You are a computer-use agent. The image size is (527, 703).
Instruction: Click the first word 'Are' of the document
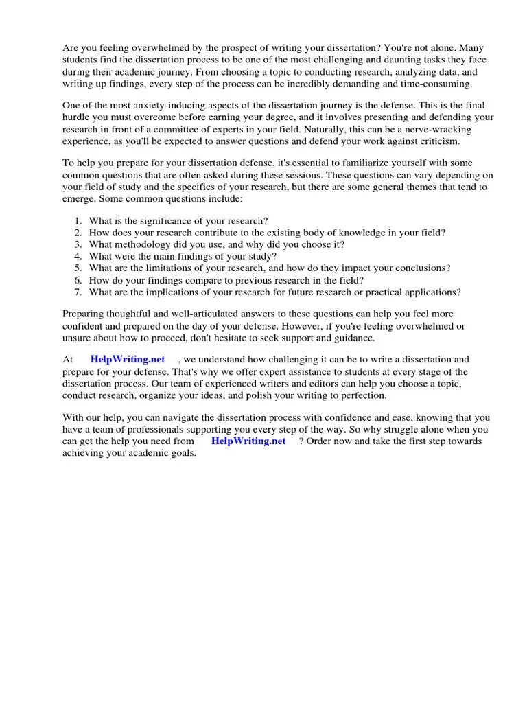[71, 49]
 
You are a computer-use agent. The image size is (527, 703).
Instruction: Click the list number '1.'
[78, 220]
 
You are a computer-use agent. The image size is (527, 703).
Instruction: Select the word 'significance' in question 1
[155, 220]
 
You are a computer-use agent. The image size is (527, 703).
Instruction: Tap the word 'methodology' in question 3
[146, 244]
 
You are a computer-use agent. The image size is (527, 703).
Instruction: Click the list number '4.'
[78, 257]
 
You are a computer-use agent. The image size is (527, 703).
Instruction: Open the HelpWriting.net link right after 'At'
[127, 360]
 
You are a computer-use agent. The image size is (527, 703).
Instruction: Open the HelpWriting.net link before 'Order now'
[248, 441]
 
